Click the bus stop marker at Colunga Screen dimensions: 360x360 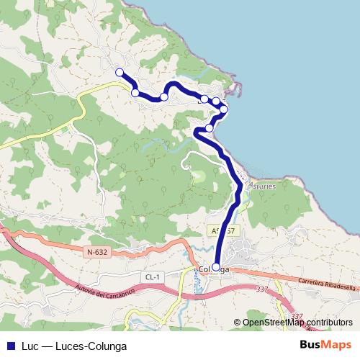tap(216, 267)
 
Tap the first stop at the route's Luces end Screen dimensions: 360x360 tap(120, 72)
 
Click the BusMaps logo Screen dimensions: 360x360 tap(326, 344)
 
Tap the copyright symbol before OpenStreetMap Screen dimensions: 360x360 tap(238, 322)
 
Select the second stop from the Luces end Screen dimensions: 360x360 tap(135, 92)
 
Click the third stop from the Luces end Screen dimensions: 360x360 tap(164, 96)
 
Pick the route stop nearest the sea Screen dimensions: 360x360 tap(224, 109)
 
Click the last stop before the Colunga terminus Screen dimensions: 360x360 tap(209, 128)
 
